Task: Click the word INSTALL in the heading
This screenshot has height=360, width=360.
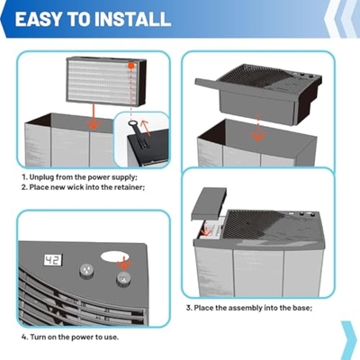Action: [132, 19]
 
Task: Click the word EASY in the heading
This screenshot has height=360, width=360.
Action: [39, 19]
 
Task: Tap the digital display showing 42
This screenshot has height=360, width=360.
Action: [53, 260]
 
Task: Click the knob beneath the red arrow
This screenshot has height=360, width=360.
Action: [123, 279]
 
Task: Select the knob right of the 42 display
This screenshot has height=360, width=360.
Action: [86, 271]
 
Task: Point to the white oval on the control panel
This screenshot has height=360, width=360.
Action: [115, 256]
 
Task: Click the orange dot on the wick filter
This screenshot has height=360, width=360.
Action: [131, 66]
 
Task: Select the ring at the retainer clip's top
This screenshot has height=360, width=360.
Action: [132, 123]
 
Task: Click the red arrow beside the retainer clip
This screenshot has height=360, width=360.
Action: [145, 127]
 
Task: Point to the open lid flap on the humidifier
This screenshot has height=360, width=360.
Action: [209, 203]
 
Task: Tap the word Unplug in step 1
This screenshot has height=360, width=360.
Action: [41, 177]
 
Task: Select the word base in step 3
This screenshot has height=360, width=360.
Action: [301, 308]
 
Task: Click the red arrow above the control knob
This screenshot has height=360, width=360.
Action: [123, 263]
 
